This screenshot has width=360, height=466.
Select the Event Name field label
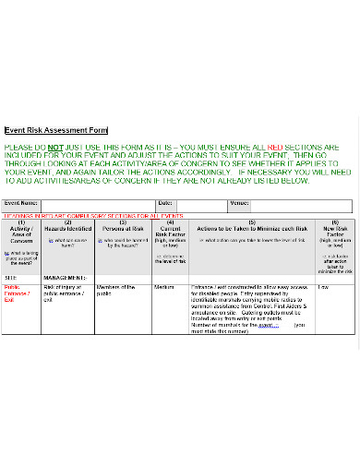point(22,203)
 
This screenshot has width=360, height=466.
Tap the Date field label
point(164,203)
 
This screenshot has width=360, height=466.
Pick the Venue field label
point(239,203)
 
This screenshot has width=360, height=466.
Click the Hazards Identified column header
point(68,227)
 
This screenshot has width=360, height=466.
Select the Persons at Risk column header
point(123,227)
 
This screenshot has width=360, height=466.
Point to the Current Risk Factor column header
point(170,231)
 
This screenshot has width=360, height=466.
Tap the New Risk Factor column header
point(334,231)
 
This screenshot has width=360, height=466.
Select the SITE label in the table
point(11,277)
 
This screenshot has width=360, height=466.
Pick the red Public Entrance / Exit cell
point(18,293)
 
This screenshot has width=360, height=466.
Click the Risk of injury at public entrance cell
point(66,293)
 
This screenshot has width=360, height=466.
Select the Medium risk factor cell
point(164,288)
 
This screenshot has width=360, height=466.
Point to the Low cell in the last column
point(323,288)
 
